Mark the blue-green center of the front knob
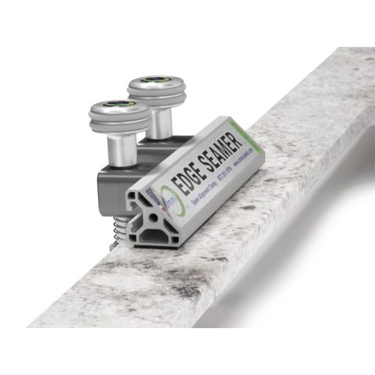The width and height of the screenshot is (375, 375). [119, 107]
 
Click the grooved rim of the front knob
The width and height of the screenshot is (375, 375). [119, 122]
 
